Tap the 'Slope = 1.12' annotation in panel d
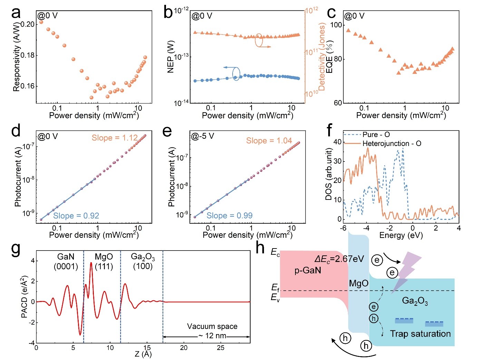115,138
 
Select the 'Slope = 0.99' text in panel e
230,216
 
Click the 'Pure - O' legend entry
376,135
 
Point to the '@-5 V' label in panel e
203,136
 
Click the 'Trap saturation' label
420,334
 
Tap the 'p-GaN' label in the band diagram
308,270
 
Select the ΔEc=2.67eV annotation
339,259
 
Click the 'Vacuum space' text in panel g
212,326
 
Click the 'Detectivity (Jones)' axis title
322,57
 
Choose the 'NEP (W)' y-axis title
170,57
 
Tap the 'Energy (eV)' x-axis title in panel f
401,235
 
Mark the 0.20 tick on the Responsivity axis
28,24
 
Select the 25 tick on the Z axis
221,348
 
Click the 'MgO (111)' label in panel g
104,261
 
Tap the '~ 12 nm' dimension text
212,336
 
